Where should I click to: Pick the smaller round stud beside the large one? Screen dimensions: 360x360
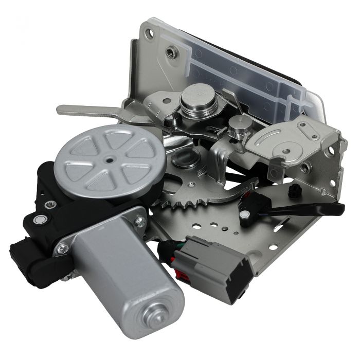(238, 125)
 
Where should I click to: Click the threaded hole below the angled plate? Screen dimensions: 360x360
(305, 167)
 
